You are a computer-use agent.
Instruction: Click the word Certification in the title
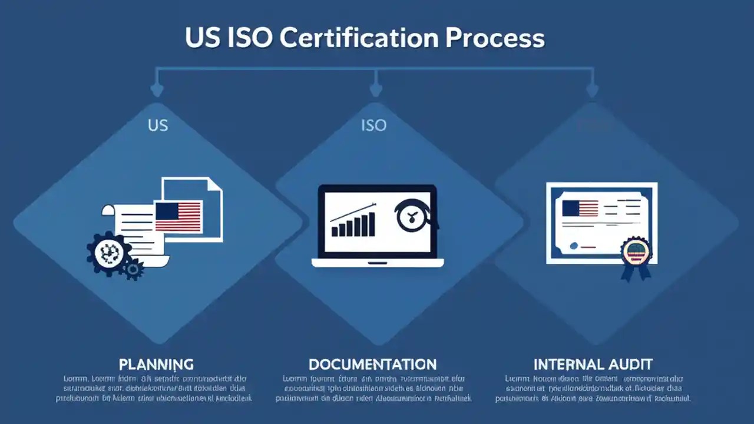tap(359, 38)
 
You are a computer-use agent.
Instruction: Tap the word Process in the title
tap(495, 38)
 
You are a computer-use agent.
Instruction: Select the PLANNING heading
tap(156, 364)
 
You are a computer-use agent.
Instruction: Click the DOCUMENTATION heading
tap(373, 364)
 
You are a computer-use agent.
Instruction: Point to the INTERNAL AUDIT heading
tap(593, 364)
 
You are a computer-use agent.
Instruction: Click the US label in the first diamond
tap(157, 125)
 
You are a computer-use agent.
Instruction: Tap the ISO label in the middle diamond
tap(373, 125)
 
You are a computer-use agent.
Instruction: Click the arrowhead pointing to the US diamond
tap(157, 90)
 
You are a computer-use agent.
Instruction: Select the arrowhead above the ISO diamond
tap(375, 90)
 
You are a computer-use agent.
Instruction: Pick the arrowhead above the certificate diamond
tap(593, 90)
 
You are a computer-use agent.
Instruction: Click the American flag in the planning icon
tap(178, 216)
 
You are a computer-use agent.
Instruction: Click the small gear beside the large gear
tap(133, 270)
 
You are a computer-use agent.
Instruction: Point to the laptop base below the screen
tap(378, 263)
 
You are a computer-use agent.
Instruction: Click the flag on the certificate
tap(580, 208)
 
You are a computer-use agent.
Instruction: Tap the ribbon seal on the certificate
tap(636, 256)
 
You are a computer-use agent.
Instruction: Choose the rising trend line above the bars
tap(353, 211)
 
